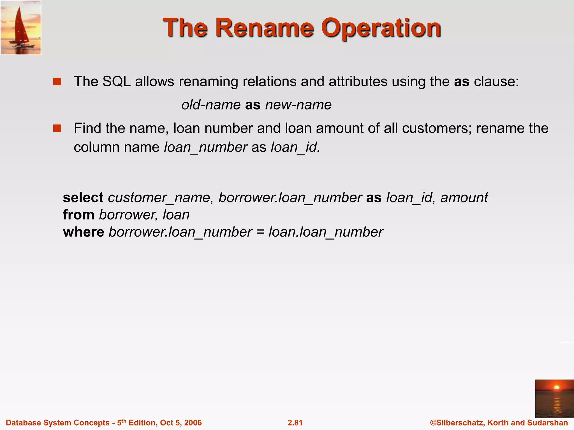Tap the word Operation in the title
(x=381, y=28)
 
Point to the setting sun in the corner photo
(x=556, y=387)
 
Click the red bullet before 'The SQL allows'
(x=57, y=82)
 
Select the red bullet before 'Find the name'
(x=57, y=128)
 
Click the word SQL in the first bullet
(x=116, y=81)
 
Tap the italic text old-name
(x=211, y=105)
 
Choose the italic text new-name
(x=298, y=105)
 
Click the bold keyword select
(x=83, y=198)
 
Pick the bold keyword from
(x=78, y=215)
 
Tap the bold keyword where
(x=84, y=232)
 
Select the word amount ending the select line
(x=464, y=198)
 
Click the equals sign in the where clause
(x=260, y=232)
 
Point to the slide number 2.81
(x=295, y=423)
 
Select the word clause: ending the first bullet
(x=496, y=81)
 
